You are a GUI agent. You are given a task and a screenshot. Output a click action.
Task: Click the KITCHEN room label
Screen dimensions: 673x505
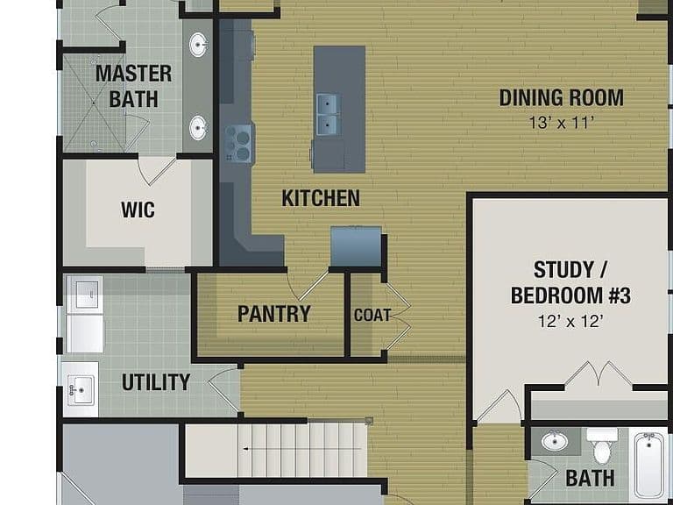pyautogui.click(x=321, y=198)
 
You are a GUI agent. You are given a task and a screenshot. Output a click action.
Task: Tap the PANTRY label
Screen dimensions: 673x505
pyautogui.click(x=273, y=314)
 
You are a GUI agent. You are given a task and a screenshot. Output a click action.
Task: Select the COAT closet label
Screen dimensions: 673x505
pyautogui.click(x=372, y=316)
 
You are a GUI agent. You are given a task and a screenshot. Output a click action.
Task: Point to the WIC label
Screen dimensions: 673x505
pyautogui.click(x=138, y=210)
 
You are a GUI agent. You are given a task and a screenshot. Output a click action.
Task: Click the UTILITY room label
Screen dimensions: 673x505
pyautogui.click(x=156, y=381)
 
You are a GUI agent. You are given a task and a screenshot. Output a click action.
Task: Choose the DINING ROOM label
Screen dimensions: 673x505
pyautogui.click(x=562, y=97)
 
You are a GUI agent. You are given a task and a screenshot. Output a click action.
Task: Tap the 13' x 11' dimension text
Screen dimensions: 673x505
pyautogui.click(x=562, y=123)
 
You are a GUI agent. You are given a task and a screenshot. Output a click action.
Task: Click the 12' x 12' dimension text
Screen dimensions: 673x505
pyautogui.click(x=570, y=321)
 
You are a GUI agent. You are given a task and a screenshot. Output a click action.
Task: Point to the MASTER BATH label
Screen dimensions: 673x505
pyautogui.click(x=133, y=86)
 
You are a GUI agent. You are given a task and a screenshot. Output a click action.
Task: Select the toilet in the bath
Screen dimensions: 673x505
pyautogui.click(x=602, y=445)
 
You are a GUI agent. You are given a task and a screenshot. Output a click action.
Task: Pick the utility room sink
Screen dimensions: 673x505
pyautogui.click(x=81, y=390)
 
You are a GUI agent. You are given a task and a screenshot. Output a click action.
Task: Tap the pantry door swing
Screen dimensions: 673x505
pyautogui.click(x=308, y=285)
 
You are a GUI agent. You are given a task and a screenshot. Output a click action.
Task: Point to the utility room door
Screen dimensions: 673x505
pyautogui.click(x=224, y=388)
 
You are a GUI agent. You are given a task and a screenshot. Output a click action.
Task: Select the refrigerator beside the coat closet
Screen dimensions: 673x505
pyautogui.click(x=357, y=246)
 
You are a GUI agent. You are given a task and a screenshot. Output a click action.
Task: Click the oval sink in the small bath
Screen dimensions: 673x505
pyautogui.click(x=555, y=442)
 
